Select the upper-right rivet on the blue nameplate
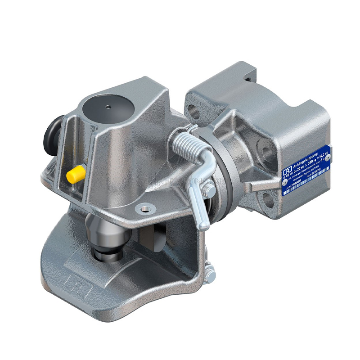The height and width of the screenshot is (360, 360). [x=328, y=156]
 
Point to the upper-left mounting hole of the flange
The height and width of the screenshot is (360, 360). [x=193, y=109]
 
